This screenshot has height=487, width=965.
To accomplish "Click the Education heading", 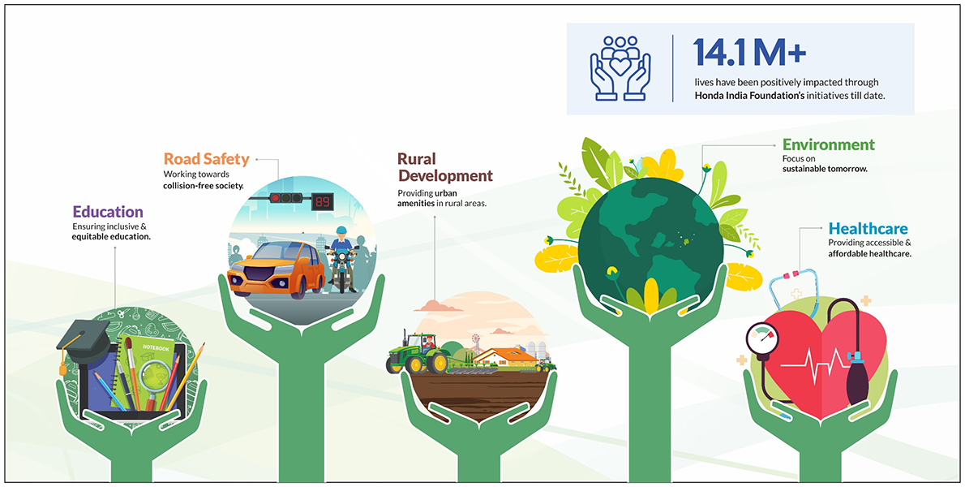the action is [108, 212].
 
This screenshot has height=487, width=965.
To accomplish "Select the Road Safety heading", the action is [206, 159].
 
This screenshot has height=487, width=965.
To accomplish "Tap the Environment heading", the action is [829, 144].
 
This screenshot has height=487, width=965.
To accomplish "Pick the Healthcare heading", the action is [868, 229].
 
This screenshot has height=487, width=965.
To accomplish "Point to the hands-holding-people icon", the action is [620, 67].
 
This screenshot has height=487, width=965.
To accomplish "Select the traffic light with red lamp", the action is [286, 198].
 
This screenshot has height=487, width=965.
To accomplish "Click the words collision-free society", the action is [203, 185].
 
